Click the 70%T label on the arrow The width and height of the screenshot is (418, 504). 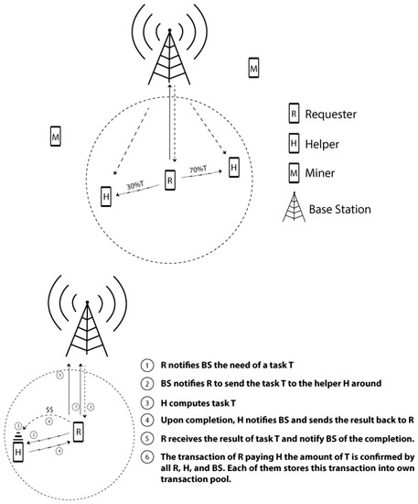(198, 170)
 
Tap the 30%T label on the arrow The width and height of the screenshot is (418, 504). (135, 186)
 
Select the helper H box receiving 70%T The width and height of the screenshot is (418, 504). (234, 167)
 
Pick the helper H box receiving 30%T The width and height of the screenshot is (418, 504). (106, 196)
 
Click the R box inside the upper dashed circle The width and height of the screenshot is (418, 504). (170, 180)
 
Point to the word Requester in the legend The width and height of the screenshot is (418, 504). (331, 115)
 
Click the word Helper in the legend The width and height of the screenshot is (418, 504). (322, 144)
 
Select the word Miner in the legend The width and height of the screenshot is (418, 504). (320, 173)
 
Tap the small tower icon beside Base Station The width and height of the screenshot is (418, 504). (294, 207)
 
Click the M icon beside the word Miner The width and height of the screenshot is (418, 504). (294, 173)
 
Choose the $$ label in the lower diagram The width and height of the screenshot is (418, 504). (49, 410)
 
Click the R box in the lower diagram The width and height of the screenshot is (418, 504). (79, 432)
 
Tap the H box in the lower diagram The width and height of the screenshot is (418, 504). (18, 452)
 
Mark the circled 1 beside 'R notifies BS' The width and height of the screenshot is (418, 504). (146, 366)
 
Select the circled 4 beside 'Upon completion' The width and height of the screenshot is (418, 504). (146, 420)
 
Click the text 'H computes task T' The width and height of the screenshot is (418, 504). (198, 403)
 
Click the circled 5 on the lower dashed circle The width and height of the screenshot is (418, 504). (60, 375)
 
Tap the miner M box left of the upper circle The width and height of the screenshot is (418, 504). (56, 137)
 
